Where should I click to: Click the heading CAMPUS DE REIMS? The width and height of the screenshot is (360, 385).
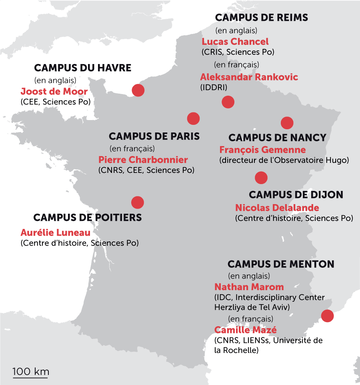(x=262, y=18)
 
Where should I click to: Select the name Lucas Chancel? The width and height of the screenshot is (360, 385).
(x=235, y=42)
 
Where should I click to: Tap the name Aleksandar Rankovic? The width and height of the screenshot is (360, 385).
(x=249, y=77)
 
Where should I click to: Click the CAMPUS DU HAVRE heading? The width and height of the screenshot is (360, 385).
(x=83, y=68)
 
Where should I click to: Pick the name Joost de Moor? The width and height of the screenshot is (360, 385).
(x=54, y=92)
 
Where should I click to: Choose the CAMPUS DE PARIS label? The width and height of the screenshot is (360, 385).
(x=154, y=136)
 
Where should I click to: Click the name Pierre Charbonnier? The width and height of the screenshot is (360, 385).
(x=143, y=160)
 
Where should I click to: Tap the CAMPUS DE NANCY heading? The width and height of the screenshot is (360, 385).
(x=277, y=138)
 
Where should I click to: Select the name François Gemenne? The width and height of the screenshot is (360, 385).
(x=262, y=150)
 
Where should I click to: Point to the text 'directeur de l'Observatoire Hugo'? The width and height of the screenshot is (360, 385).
(x=284, y=160)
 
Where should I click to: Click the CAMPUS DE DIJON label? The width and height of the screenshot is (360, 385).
(x=296, y=195)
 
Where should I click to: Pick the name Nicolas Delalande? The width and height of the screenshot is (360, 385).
(x=277, y=208)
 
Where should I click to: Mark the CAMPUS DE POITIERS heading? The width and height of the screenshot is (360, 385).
(x=88, y=218)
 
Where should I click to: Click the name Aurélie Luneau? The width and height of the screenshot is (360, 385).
(x=56, y=233)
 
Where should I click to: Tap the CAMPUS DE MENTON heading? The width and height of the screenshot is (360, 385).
(x=281, y=264)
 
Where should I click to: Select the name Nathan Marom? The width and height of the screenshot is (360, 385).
(x=249, y=287)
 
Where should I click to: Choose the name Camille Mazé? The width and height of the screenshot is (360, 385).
(x=246, y=330)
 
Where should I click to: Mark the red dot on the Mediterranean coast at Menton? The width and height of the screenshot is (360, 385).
(x=328, y=316)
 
